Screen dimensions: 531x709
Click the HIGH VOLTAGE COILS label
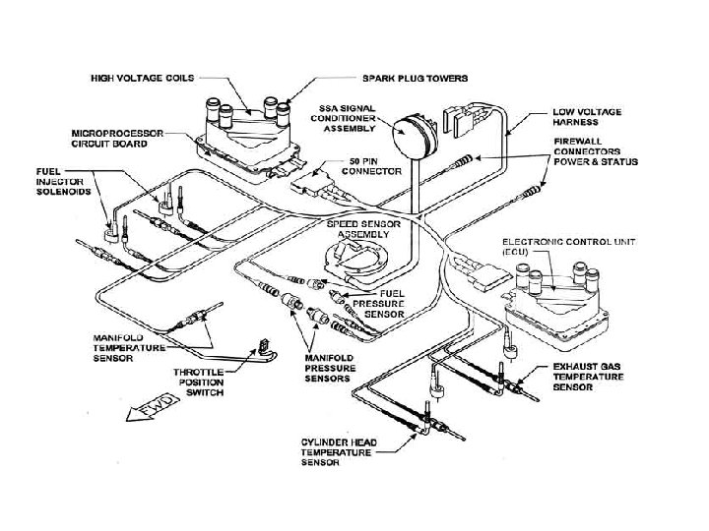(x=142, y=76)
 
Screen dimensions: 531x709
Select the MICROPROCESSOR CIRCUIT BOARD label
(x=125, y=137)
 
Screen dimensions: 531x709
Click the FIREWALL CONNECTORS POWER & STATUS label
(x=597, y=151)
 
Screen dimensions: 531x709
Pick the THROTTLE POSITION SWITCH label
(x=199, y=382)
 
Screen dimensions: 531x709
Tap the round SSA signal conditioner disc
(x=413, y=137)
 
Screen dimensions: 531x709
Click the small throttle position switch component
(x=263, y=346)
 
